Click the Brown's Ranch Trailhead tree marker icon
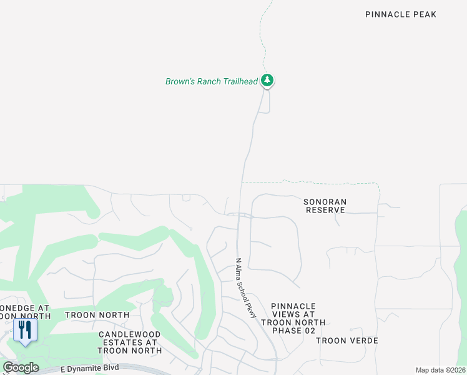pyautogui.click(x=267, y=80)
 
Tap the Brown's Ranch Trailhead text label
pyautogui.click(x=211, y=81)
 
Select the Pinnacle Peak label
pyautogui.click(x=400, y=14)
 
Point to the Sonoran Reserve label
pyautogui.click(x=325, y=206)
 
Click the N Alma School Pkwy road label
pyautogui.click(x=246, y=288)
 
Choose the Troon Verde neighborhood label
pyautogui.click(x=347, y=341)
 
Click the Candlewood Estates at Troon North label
pyautogui.click(x=130, y=342)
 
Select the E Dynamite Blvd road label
pyautogui.click(x=89, y=369)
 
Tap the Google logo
pyautogui.click(x=21, y=367)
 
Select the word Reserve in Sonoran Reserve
pyautogui.click(x=325, y=210)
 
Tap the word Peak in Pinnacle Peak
pyautogui.click(x=424, y=14)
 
